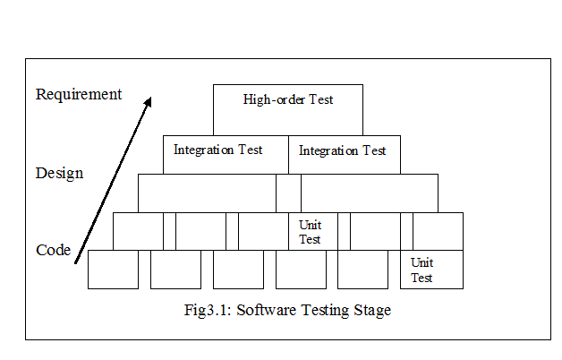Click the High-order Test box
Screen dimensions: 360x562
click(288, 109)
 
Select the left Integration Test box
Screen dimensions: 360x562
click(226, 154)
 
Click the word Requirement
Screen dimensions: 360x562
click(79, 94)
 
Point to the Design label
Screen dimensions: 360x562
click(60, 173)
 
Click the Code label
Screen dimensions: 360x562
click(54, 251)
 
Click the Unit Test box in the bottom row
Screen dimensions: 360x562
click(431, 270)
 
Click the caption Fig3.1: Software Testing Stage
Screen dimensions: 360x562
click(285, 311)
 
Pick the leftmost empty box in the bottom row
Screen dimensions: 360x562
click(114, 270)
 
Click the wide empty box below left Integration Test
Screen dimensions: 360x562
click(207, 193)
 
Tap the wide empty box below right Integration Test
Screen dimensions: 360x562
click(370, 193)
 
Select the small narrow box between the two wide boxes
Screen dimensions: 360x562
click(288, 193)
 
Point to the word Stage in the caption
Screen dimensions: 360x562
click(372, 311)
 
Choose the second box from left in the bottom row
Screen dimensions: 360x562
click(175, 270)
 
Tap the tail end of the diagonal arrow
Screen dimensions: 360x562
click(77, 263)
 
